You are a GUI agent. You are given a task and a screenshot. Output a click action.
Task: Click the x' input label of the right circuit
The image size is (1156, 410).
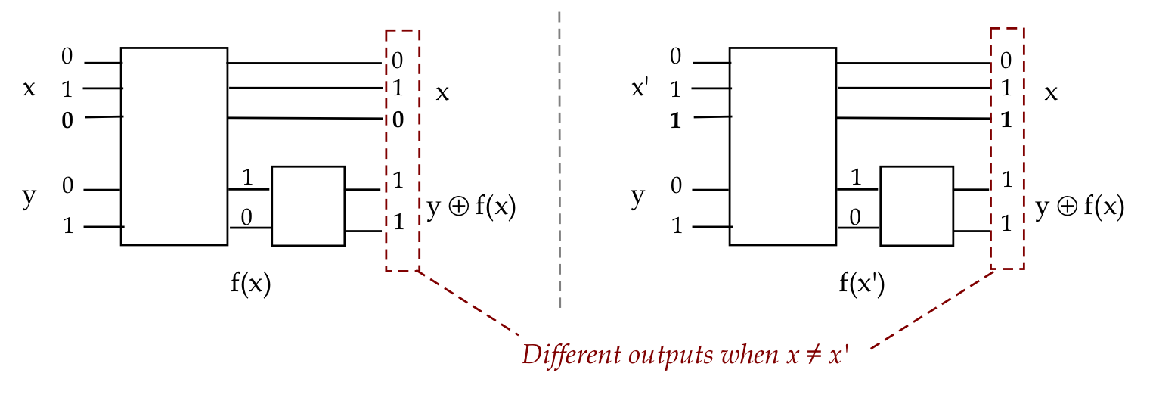point(640,89)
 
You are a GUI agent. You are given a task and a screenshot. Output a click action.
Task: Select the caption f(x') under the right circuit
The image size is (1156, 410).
point(861,284)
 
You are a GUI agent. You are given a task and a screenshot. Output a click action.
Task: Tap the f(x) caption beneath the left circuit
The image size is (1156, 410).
point(250,284)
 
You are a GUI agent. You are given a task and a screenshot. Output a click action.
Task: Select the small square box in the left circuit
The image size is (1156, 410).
point(308,206)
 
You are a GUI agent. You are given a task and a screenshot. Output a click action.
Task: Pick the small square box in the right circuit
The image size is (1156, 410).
point(917,206)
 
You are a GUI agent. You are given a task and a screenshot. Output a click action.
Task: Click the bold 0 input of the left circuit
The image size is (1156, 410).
point(68,120)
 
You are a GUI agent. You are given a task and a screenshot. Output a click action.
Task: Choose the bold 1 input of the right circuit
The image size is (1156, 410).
point(676,120)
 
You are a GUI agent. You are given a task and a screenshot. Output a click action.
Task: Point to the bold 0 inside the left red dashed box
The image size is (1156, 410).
point(398,120)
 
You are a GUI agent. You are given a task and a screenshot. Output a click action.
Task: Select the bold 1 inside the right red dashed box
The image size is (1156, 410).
point(1006,120)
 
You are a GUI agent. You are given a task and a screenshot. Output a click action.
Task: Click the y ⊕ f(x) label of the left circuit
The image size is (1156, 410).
point(471,207)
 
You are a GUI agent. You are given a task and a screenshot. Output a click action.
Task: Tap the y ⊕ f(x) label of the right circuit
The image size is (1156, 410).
point(1079,207)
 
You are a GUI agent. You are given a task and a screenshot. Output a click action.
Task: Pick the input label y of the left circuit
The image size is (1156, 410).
point(29,197)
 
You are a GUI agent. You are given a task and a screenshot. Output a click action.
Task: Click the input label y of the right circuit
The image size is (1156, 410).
point(637,197)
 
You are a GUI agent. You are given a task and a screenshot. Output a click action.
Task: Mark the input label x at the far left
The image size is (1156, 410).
point(29,89)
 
